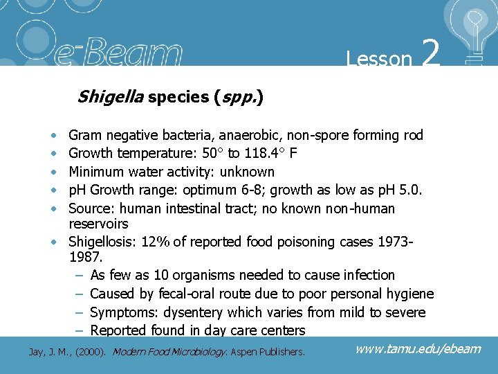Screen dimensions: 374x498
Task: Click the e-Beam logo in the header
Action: click(131, 53)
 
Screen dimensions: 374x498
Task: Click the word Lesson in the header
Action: click(379, 59)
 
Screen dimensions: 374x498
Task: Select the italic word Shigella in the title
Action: click(111, 97)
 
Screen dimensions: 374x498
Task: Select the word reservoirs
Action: click(99, 224)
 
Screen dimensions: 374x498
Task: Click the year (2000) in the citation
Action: click(93, 353)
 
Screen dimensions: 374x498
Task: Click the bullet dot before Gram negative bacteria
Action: click(54, 136)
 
